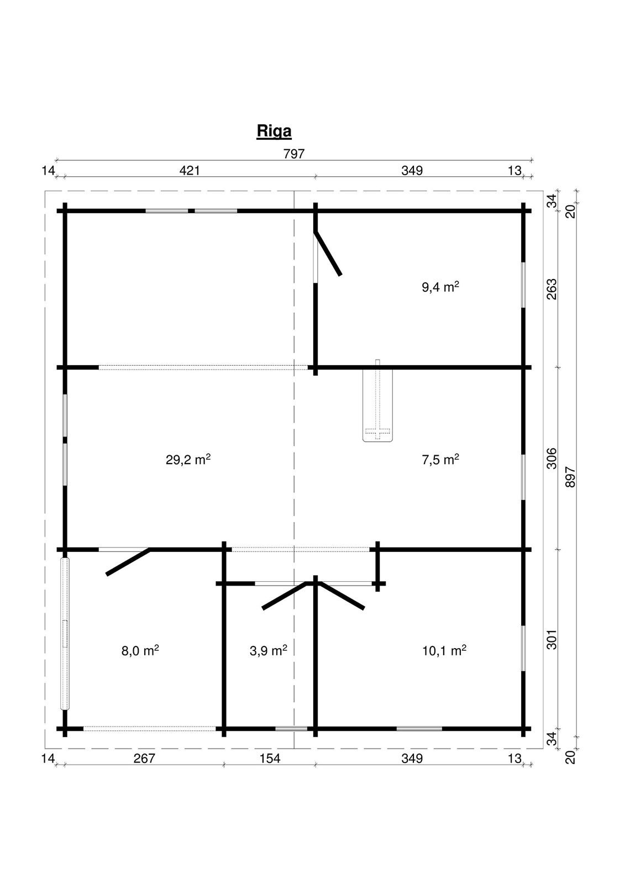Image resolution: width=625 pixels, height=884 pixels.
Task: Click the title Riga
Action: (x=274, y=131)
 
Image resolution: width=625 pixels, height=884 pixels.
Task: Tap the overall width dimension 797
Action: (x=294, y=154)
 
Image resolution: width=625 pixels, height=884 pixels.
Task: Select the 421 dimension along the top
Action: (x=190, y=171)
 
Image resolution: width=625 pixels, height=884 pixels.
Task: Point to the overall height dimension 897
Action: (x=570, y=477)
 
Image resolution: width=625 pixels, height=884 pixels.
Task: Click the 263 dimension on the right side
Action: (x=552, y=289)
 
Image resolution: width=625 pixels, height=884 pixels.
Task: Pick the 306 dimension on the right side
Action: (x=552, y=458)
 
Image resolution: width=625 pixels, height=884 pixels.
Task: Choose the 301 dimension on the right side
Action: (x=552, y=639)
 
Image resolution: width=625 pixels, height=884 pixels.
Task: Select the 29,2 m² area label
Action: (x=188, y=459)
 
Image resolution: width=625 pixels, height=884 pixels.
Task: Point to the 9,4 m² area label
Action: (x=440, y=287)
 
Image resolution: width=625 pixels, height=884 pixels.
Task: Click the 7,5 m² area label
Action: (x=440, y=459)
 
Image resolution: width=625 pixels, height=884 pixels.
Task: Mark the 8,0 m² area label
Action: (x=140, y=650)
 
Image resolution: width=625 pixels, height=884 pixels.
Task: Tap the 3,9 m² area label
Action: (x=268, y=650)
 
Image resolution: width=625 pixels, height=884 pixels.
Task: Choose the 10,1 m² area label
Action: (x=444, y=650)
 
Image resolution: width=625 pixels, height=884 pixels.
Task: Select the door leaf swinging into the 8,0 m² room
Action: (x=128, y=562)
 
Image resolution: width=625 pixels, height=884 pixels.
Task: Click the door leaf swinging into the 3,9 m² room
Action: (x=284, y=596)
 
